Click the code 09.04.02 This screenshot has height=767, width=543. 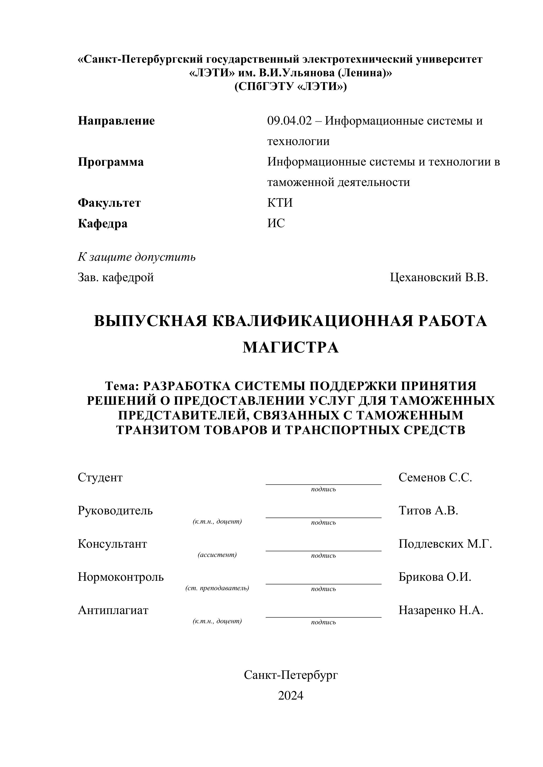[x=289, y=121]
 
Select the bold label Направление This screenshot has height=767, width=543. [x=116, y=121]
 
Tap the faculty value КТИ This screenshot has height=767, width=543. [x=280, y=203]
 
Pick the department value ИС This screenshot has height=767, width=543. [x=276, y=223]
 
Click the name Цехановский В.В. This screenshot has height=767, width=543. [x=439, y=277]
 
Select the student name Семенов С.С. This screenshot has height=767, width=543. [x=435, y=478]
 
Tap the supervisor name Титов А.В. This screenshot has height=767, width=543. [x=428, y=511]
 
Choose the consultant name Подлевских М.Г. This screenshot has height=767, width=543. [x=445, y=544]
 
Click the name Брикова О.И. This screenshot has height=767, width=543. [x=435, y=577]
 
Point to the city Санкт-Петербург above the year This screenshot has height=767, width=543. [x=291, y=675]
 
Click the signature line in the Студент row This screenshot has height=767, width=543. [x=323, y=484]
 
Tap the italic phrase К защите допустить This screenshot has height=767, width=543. [x=137, y=257]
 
